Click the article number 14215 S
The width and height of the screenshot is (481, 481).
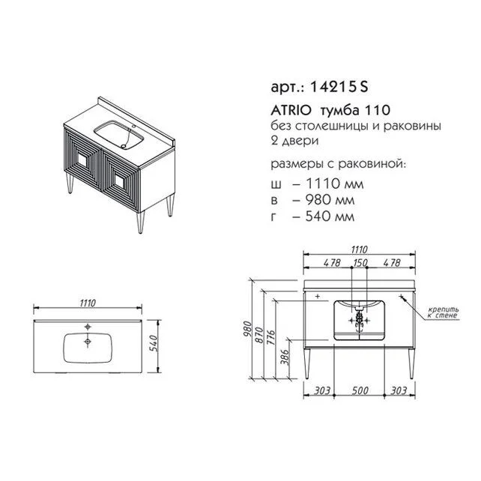[x=339, y=87]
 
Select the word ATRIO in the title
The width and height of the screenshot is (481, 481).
[x=291, y=110]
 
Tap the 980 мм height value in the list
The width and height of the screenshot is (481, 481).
[x=330, y=200]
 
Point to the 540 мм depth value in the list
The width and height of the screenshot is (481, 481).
[x=330, y=217]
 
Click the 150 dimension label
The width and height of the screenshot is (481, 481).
[x=360, y=263]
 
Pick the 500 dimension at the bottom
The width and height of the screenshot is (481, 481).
[x=360, y=390]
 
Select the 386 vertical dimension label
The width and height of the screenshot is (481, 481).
[x=285, y=357]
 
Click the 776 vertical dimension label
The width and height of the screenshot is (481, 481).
[x=270, y=337]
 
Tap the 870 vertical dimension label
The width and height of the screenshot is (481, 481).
[x=258, y=335]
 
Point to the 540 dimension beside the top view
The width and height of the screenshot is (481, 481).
[x=154, y=343]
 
